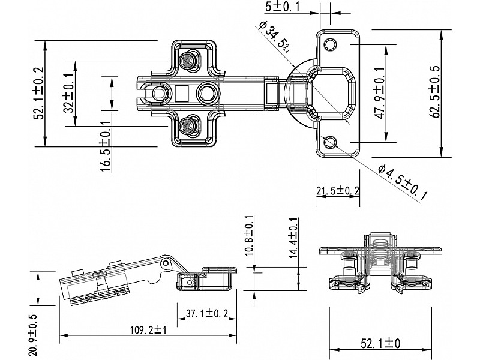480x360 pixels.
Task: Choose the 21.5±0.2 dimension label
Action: [x=338, y=191]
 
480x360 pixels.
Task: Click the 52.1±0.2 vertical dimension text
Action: [x=40, y=93]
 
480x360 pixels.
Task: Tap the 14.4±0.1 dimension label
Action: [x=293, y=238]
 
